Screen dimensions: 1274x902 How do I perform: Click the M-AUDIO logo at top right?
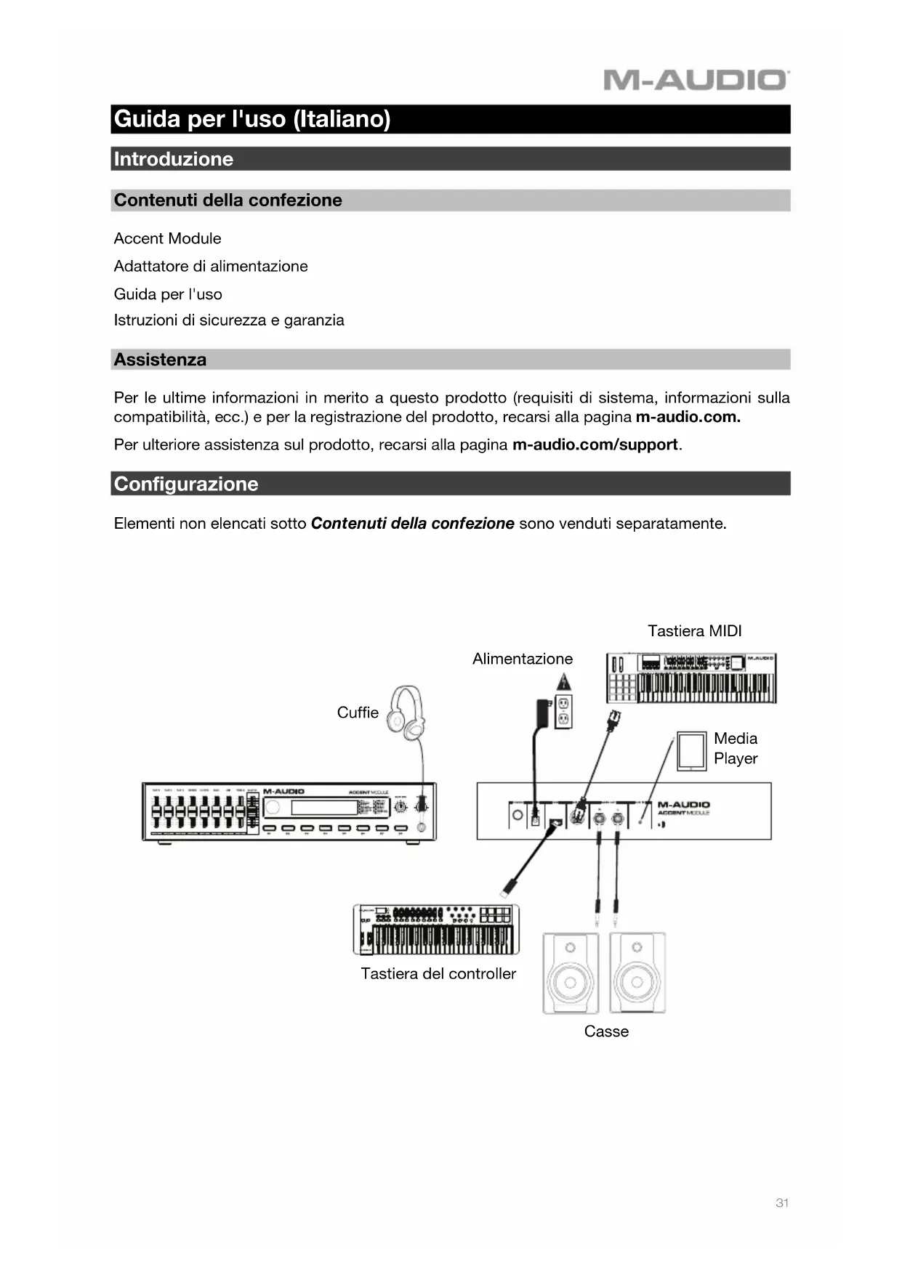click(695, 80)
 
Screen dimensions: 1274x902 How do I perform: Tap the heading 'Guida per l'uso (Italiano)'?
click(252, 119)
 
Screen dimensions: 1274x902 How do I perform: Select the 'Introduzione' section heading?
click(174, 159)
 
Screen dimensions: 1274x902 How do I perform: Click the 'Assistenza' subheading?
click(160, 360)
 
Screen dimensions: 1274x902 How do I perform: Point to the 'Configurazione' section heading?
click(186, 484)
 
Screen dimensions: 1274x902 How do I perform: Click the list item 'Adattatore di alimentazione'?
click(211, 266)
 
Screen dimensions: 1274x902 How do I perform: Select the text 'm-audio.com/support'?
click(595, 445)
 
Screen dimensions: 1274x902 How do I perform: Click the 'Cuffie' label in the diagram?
click(358, 713)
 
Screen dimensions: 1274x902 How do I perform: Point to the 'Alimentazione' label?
click(522, 659)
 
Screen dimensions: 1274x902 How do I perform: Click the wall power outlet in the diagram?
click(563, 712)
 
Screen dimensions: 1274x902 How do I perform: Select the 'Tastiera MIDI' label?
click(694, 630)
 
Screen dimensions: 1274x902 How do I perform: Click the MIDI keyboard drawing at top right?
click(691, 678)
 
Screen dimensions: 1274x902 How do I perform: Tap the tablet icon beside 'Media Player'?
click(691, 751)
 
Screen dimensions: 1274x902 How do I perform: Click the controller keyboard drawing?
click(436, 930)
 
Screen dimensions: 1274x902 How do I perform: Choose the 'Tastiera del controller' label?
click(438, 973)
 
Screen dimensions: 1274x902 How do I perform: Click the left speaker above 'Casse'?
click(571, 974)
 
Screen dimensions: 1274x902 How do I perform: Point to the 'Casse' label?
click(606, 1031)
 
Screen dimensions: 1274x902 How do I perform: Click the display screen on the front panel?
click(324, 808)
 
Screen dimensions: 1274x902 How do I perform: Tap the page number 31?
click(782, 1203)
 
